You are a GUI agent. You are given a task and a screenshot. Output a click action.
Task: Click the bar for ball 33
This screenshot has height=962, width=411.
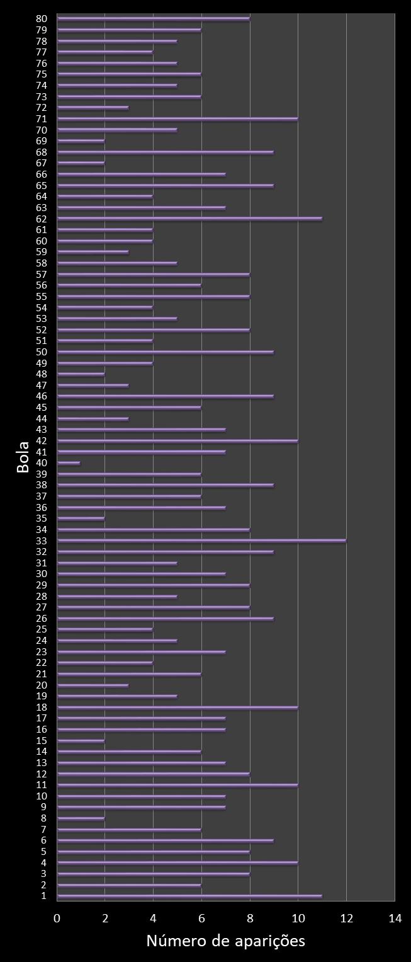point(201,541)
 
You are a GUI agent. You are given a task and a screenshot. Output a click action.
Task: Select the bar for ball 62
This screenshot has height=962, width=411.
point(189,219)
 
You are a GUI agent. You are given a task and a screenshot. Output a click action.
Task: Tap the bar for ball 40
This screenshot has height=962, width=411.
point(69,463)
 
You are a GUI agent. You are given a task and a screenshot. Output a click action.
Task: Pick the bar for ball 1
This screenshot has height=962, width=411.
point(189,896)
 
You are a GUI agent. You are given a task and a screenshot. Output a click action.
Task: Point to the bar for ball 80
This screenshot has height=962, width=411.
point(154,18)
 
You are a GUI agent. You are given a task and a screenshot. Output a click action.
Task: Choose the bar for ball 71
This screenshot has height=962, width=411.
point(177,118)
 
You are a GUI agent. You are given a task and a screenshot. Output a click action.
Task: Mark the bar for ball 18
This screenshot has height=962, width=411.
point(177,707)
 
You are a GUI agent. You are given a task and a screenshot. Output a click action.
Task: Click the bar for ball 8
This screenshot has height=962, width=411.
point(81,818)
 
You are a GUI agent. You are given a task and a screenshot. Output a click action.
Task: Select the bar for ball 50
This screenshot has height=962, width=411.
point(166,352)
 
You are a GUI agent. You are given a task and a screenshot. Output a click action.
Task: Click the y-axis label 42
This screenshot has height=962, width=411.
point(42,441)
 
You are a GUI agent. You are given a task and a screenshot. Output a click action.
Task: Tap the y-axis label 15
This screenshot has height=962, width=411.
point(42,741)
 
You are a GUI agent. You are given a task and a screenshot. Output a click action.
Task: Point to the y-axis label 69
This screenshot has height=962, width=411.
point(42,140)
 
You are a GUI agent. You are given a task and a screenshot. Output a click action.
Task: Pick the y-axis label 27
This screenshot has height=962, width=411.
point(42,607)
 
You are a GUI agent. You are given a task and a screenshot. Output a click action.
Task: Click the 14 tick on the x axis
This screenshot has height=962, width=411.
point(395,919)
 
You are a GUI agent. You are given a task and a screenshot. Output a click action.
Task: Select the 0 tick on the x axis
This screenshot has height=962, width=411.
point(57,919)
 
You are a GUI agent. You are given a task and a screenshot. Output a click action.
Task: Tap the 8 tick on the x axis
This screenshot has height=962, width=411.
point(250,919)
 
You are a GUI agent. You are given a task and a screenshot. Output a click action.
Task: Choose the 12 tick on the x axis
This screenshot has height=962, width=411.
point(346,919)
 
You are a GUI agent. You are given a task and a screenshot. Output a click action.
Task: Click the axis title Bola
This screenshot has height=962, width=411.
point(23,457)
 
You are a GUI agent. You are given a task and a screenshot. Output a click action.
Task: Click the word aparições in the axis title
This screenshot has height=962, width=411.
point(270,942)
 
